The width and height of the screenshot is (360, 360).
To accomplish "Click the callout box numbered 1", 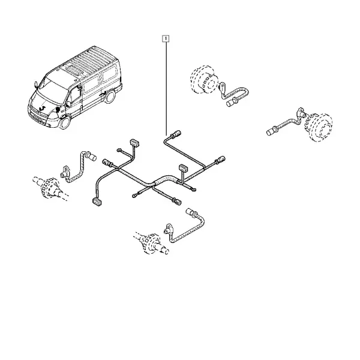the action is coord(166,38).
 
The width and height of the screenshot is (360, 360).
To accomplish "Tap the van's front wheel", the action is coord(65,122).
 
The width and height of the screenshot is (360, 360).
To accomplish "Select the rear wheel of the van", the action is coord(110,97).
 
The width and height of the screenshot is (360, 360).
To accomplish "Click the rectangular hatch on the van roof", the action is coord(75,70).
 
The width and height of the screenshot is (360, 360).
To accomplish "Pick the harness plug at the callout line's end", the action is coord(177,133).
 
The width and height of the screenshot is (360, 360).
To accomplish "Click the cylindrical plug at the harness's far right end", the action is coord(221,160).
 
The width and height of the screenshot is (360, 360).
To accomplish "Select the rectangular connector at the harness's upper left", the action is coord(134,143).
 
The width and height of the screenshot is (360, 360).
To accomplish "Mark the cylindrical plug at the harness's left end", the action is coord(107,163).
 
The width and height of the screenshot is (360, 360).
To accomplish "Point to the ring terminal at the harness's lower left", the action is coord(134,196).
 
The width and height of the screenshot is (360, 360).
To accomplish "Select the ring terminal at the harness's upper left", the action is coord(119,150).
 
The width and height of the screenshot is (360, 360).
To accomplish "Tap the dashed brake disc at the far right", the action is coord(319,127).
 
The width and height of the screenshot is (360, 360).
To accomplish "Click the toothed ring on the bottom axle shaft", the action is coord(150,244).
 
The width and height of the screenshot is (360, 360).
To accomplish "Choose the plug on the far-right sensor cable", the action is coord(271,131).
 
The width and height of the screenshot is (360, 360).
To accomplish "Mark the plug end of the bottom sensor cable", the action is coord(191,212).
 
